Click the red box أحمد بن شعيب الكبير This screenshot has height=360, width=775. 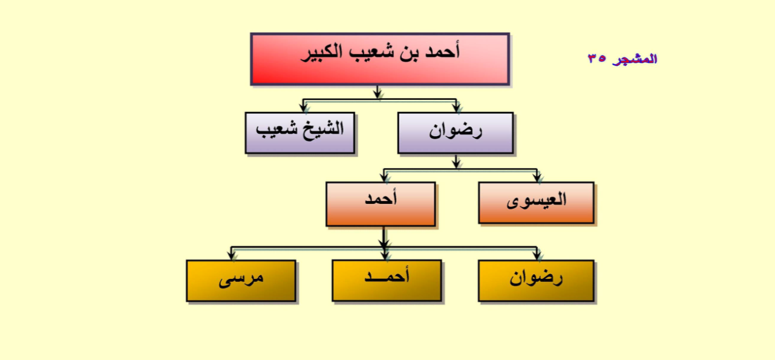point(380,59)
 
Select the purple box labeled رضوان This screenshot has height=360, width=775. point(456,133)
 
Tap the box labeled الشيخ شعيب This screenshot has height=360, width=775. point(300,133)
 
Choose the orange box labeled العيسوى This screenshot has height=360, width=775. point(536,203)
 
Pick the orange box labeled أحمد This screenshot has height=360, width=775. point(381,205)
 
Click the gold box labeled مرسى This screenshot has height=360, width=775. point(241,281)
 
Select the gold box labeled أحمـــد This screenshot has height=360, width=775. point(387,280)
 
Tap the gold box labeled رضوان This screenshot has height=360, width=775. point(536,281)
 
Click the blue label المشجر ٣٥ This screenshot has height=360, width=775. point(622,59)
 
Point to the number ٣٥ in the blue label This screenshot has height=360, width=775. point(597,58)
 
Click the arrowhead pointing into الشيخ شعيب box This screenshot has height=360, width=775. point(304,108)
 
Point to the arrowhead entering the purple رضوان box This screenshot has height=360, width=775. point(457,108)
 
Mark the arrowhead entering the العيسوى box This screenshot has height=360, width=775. point(537,178)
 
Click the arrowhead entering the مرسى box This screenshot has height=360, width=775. point(232,256)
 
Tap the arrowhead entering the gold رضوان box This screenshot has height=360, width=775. point(537,256)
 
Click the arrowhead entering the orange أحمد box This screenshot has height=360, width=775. point(384,178)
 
